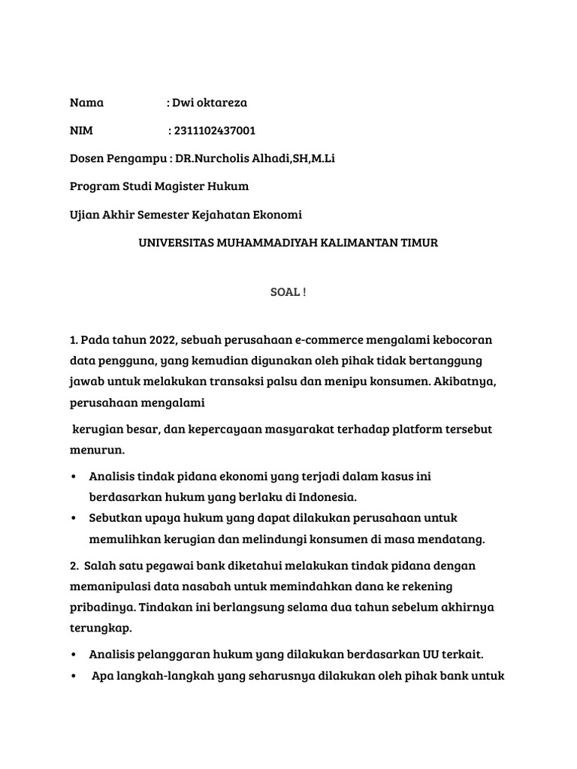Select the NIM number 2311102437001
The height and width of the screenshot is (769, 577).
click(214, 131)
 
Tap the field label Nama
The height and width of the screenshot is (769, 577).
click(86, 103)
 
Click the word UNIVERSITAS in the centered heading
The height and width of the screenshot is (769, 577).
click(172, 243)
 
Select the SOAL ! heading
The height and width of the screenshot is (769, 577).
click(288, 293)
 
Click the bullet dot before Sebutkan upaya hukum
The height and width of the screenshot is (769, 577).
click(74, 519)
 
